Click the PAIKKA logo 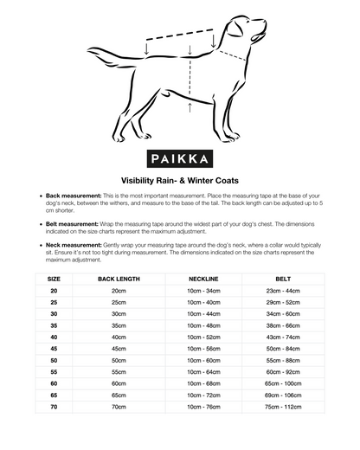coord(179,160)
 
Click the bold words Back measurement coord(65,196)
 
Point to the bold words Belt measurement coord(65,222)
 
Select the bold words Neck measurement coord(66,244)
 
